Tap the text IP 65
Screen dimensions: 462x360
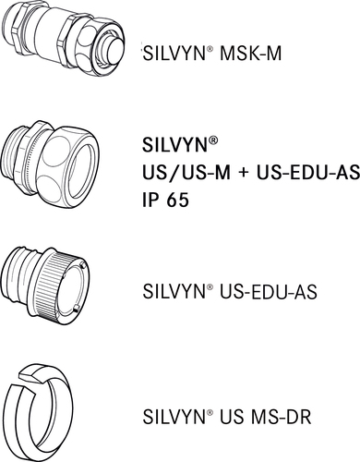[x=167, y=199]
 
